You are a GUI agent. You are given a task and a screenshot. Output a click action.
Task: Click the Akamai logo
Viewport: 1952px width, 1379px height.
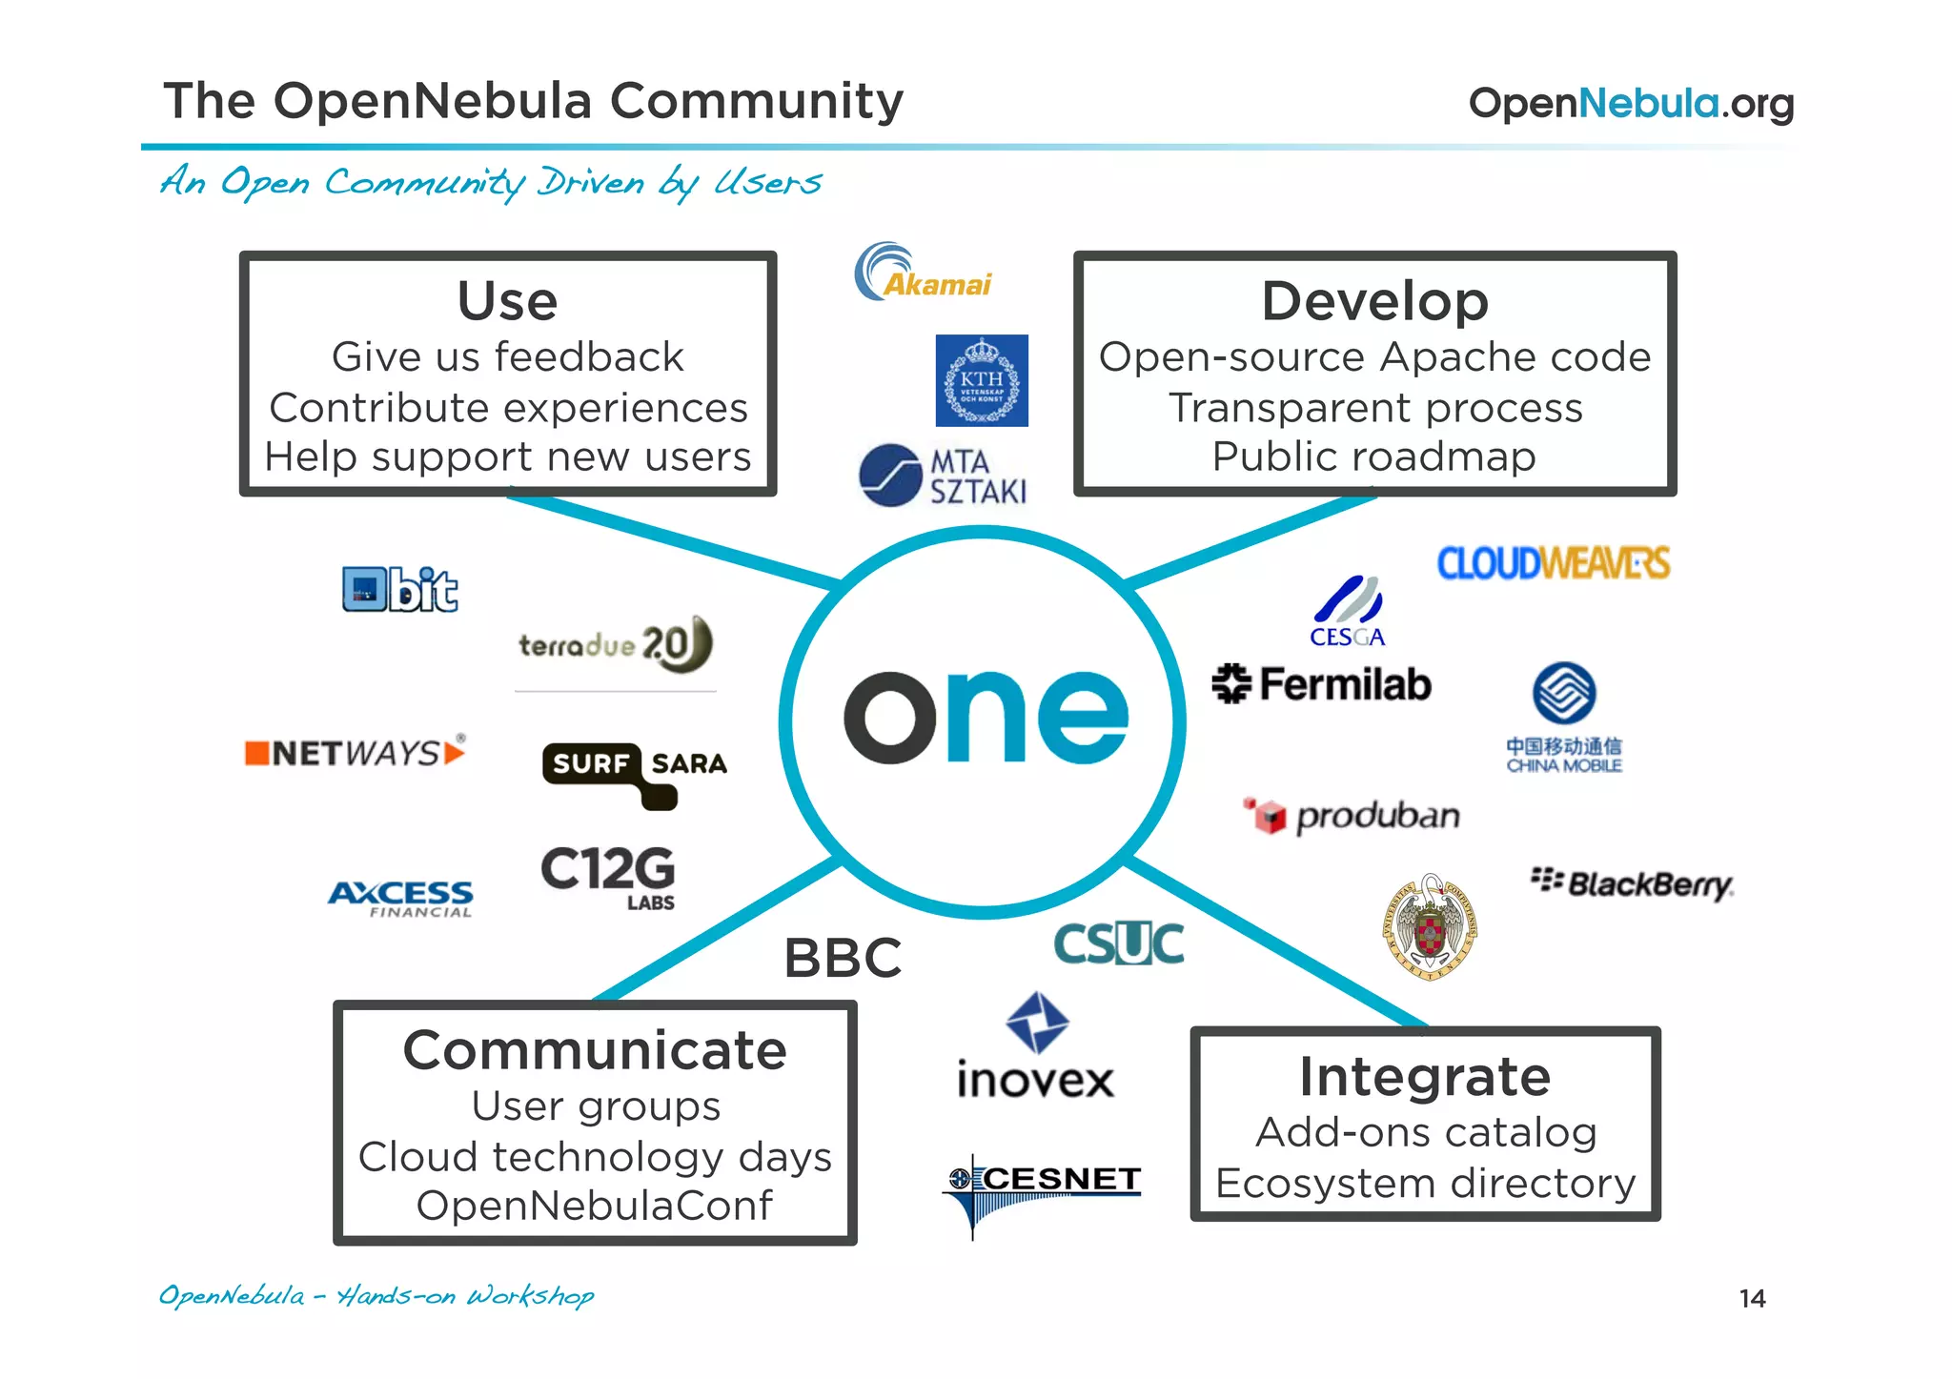[923, 274]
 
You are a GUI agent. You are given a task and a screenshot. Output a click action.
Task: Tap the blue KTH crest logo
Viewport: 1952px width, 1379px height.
[982, 380]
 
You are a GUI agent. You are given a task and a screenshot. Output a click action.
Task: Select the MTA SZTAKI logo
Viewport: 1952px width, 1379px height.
[943, 476]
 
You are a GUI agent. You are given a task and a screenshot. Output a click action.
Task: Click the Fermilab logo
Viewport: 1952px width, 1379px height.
[1322, 684]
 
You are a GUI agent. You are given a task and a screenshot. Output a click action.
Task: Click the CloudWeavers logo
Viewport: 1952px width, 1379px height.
[1554, 563]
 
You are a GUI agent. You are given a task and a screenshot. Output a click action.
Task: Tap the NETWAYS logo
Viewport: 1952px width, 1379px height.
[356, 753]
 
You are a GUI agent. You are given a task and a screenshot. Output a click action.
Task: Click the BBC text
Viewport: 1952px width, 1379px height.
[843, 958]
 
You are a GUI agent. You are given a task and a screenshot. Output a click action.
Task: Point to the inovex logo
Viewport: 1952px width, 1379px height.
[1036, 1048]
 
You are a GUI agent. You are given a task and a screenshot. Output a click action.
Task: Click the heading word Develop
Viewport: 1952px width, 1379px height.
[1374, 301]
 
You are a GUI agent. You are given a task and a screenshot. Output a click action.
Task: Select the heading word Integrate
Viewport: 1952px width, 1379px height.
[1425, 1077]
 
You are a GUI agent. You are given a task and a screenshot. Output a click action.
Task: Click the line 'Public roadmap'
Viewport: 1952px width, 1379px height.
[1374, 456]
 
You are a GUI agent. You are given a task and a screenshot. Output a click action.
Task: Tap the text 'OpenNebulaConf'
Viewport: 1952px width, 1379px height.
[594, 1206]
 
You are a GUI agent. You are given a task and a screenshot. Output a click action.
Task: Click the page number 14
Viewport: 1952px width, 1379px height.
[1752, 1299]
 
